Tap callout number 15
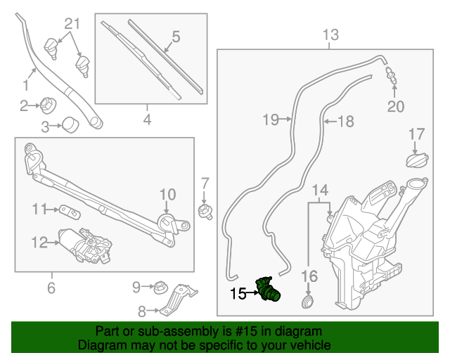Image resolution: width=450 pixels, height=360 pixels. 238,293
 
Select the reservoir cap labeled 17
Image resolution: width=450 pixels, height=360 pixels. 416,160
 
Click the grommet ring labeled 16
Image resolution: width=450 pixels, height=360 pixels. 307,303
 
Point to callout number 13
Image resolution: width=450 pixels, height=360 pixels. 330,34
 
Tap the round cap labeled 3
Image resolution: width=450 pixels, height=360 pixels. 70,126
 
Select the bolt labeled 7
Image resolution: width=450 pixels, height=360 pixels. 205,210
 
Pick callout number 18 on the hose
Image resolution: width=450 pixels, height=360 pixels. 345,121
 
